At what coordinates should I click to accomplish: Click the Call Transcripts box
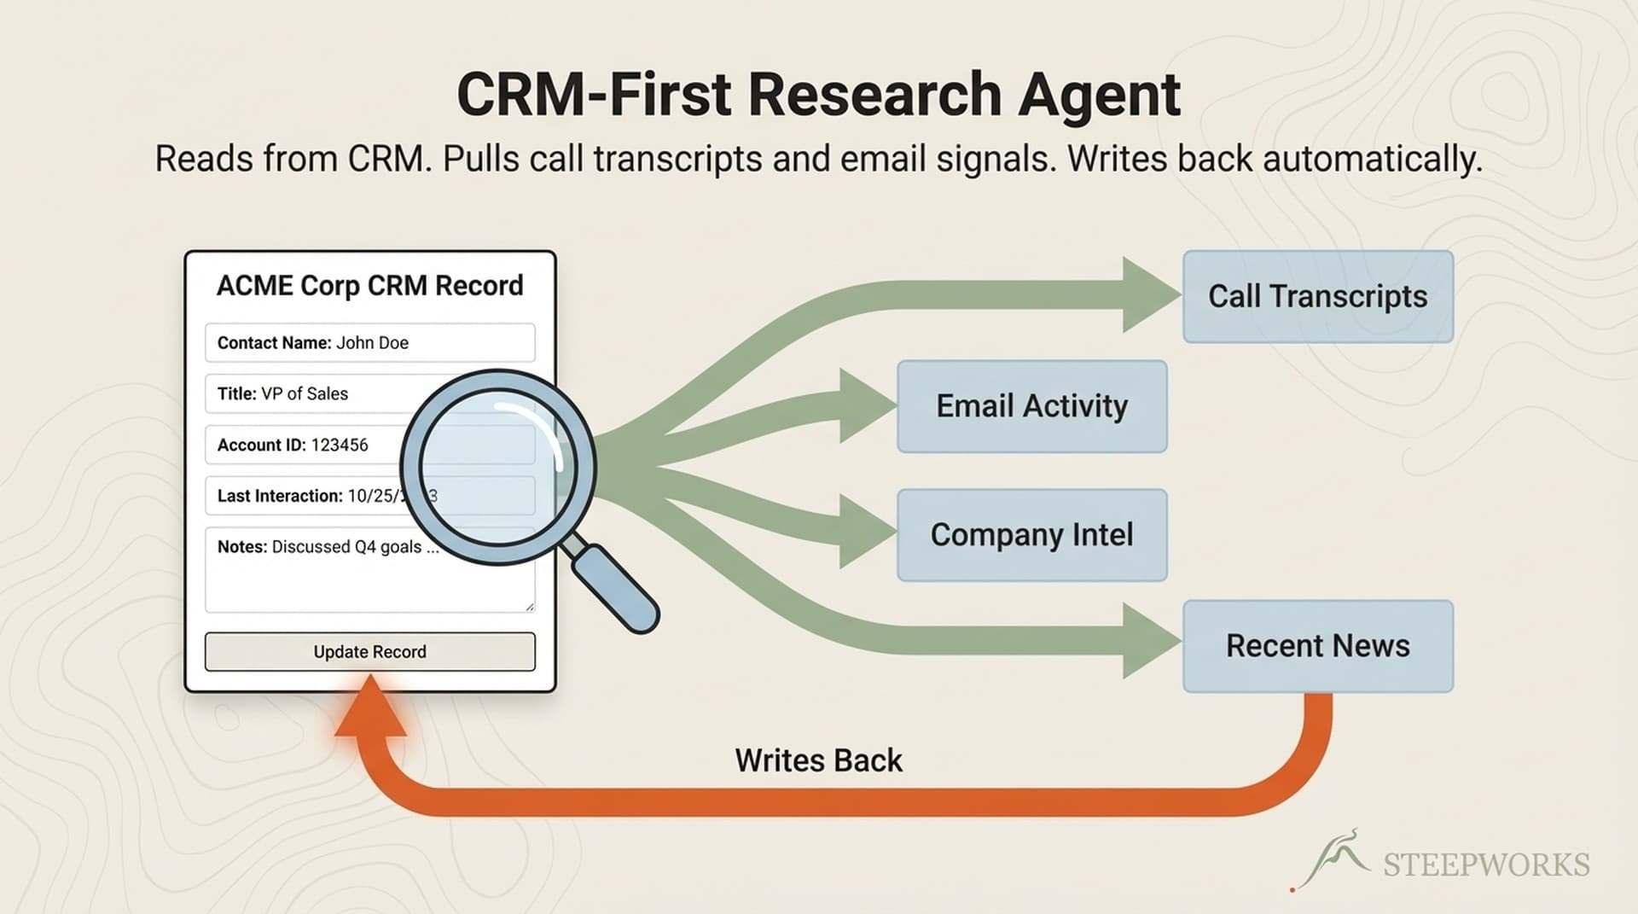tap(1317, 297)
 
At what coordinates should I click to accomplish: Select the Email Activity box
tap(1031, 406)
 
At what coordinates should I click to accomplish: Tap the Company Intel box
tap(1031, 535)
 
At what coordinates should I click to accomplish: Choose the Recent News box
tap(1317, 646)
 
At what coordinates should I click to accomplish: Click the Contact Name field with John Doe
tap(369, 343)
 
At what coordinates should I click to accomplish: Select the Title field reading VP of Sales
tap(307, 393)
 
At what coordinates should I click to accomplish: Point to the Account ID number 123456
tap(340, 445)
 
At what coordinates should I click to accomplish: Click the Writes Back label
tap(818, 760)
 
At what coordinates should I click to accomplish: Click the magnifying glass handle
tap(614, 588)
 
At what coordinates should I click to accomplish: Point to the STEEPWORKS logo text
tap(1485, 865)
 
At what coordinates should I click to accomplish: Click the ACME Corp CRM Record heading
tap(369, 286)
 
